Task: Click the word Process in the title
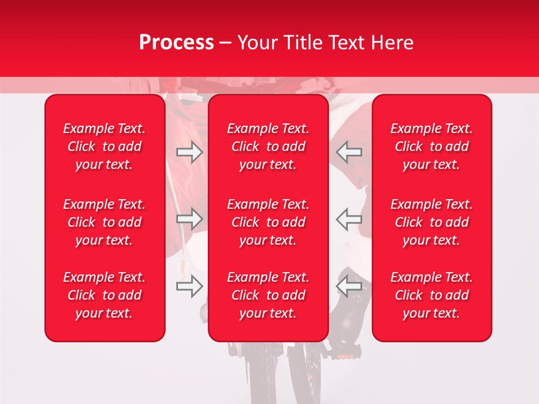point(176,43)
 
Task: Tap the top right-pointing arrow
point(189,152)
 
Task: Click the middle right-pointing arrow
point(189,219)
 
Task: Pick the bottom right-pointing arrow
point(189,286)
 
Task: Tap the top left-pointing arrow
point(349,152)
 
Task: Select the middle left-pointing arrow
point(349,219)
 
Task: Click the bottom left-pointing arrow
point(349,286)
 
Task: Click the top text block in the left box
point(104,146)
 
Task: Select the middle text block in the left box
point(104,222)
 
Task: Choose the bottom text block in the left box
point(104,295)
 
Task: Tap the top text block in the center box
point(268,146)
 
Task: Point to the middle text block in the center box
point(268,222)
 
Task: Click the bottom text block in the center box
point(268,295)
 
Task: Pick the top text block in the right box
point(431,146)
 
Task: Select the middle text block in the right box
point(431,222)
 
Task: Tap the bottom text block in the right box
point(431,295)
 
